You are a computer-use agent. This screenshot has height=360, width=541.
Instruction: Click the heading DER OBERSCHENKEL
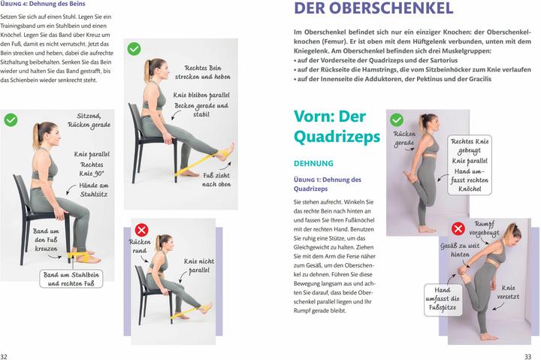pos(373,9)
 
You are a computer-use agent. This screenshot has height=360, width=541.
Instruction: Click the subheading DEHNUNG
pos(313,162)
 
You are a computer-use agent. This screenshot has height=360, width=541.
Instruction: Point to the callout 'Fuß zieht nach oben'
pos(216,180)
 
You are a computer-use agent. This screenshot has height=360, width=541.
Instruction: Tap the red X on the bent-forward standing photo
pos(457,228)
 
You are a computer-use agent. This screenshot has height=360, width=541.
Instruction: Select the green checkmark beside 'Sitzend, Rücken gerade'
pos(11,119)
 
